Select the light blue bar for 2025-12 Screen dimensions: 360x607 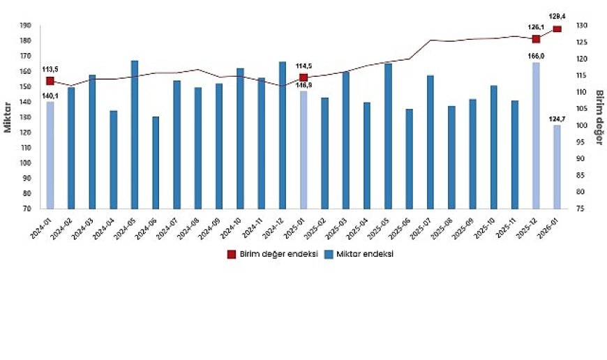point(536,135)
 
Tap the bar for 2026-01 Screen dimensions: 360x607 point(557,167)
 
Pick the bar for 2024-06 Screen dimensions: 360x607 point(156,163)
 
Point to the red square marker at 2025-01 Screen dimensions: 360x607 point(303,77)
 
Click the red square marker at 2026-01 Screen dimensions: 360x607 point(557,29)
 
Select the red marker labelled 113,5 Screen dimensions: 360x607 point(50,81)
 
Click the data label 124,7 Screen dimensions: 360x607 point(557,119)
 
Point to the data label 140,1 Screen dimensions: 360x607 point(50,96)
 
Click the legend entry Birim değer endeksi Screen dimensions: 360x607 point(273,255)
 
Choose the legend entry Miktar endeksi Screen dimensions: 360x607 point(357,255)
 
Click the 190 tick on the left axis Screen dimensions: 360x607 point(25,25)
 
